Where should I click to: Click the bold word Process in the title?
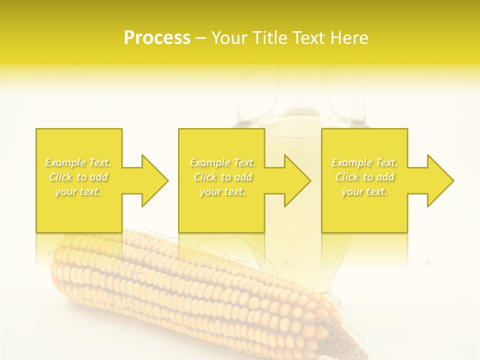[157, 37]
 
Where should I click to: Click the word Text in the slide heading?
[307, 37]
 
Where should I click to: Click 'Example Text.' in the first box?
[78, 162]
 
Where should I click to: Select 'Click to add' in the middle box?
[222, 177]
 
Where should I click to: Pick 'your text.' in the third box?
[364, 191]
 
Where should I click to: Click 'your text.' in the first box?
[78, 191]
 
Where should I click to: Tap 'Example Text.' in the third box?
[364, 162]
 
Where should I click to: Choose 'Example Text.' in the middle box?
[222, 162]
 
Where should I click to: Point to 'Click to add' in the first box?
[78, 177]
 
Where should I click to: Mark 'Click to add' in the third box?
[364, 177]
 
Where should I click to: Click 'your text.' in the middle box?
[222, 191]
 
